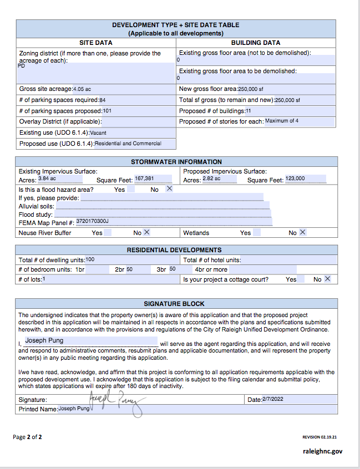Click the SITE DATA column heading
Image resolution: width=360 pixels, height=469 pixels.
pyautogui.click(x=96, y=43)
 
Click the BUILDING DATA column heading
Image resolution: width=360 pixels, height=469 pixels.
pyautogui.click(x=256, y=43)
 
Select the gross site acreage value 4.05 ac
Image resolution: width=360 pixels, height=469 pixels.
pyautogui.click(x=82, y=89)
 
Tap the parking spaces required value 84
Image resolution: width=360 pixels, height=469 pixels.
pyautogui.click(x=102, y=100)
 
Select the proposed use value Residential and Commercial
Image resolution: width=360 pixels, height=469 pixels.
pyautogui.click(x=128, y=144)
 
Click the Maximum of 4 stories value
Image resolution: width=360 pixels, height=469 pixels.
pyautogui.click(x=282, y=121)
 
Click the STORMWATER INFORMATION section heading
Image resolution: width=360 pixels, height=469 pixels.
pyautogui.click(x=176, y=162)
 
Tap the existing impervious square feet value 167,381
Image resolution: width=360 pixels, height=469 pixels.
pyautogui.click(x=144, y=179)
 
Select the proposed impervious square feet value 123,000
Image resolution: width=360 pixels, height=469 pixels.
pyautogui.click(x=295, y=179)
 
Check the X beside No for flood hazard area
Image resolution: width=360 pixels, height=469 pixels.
pyautogui.click(x=170, y=189)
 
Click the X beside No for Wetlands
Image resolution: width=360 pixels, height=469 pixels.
pyautogui.click(x=302, y=233)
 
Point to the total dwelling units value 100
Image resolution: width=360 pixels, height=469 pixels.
pyautogui.click(x=90, y=259)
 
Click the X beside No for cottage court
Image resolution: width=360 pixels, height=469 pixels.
pyautogui.click(x=327, y=279)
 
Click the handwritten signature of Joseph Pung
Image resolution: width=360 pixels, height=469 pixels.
pyautogui.click(x=116, y=401)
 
